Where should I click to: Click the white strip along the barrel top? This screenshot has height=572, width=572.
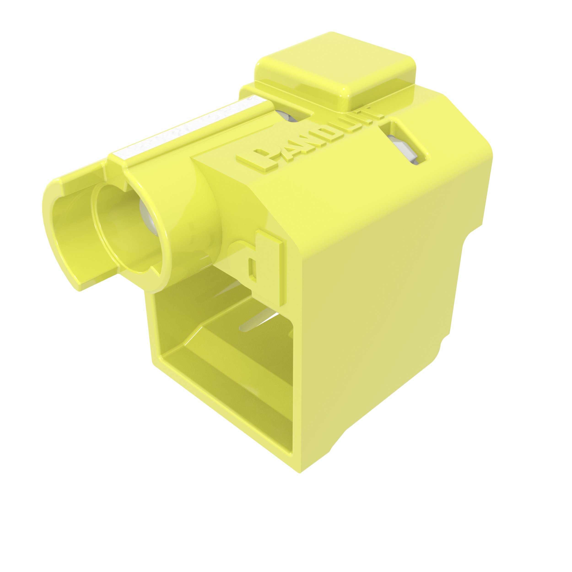click(x=189, y=127)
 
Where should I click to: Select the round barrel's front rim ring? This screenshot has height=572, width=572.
click(x=166, y=237)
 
